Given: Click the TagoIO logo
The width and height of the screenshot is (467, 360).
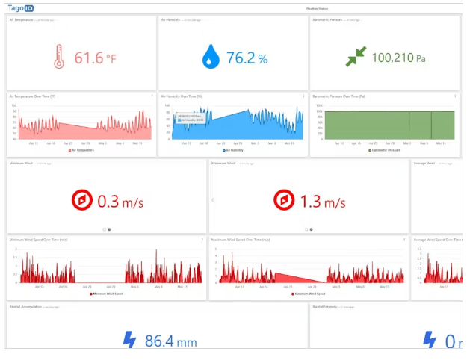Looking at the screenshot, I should [21, 8].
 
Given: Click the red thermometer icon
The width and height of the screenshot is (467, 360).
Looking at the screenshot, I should [58, 57].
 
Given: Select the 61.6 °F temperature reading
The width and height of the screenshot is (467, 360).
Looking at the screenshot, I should [95, 58].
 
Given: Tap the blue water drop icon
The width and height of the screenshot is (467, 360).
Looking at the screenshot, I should [211, 57].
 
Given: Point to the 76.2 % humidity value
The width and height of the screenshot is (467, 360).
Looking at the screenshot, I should [247, 58].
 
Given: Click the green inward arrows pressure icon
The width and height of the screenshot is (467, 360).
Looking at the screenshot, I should [356, 57].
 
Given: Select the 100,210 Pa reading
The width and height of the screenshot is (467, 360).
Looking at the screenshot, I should [398, 58].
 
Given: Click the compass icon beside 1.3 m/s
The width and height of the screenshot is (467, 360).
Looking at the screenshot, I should [284, 201].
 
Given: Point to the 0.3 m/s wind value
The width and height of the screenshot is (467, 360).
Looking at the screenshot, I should [120, 202].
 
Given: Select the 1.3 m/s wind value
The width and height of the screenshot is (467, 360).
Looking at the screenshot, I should [323, 202].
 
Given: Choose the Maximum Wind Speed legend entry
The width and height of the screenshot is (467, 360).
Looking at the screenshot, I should [308, 294].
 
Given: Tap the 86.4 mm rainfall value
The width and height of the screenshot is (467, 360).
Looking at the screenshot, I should [170, 341].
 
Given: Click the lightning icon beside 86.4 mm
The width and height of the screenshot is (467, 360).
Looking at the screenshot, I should [130, 341].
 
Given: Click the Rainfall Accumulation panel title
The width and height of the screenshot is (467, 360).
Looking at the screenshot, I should [25, 307].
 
